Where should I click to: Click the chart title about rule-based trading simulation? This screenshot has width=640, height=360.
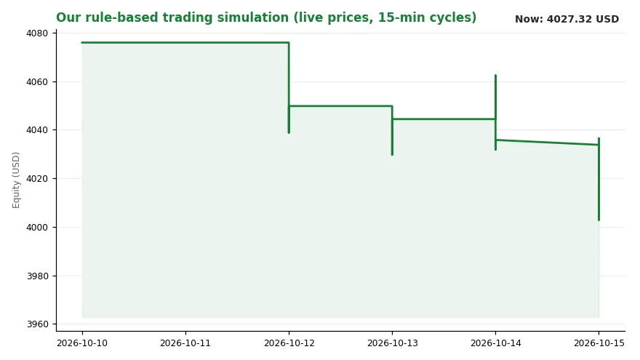click(266, 17)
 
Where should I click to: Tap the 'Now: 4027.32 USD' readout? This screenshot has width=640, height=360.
click(567, 19)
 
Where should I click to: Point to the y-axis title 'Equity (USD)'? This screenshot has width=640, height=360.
click(16, 180)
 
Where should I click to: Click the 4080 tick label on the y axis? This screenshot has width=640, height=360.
click(37, 33)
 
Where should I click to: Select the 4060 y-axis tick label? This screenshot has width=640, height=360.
click(37, 82)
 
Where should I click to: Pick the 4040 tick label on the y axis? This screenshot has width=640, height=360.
click(37, 130)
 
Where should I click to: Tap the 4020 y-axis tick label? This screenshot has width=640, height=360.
click(37, 179)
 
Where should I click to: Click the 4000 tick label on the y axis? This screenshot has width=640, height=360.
click(37, 228)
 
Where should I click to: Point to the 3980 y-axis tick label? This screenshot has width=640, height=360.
click(37, 276)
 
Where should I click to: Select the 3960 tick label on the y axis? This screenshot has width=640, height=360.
click(37, 324)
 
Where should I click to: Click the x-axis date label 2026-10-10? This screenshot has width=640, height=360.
click(82, 343)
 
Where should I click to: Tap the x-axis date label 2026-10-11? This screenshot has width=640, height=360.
click(185, 343)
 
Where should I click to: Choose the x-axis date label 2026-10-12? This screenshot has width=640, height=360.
click(289, 343)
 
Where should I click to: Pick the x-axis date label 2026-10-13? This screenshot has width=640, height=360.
click(392, 343)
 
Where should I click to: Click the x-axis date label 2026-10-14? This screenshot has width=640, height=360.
click(495, 343)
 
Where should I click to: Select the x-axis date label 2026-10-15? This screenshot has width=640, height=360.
click(599, 343)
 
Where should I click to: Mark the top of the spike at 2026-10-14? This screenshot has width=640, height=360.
click(495, 76)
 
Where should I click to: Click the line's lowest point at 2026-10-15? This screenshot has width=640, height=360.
click(599, 220)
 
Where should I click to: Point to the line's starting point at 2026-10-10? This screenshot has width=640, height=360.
click(82, 42)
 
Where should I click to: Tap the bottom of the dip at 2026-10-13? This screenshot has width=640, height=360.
click(392, 155)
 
